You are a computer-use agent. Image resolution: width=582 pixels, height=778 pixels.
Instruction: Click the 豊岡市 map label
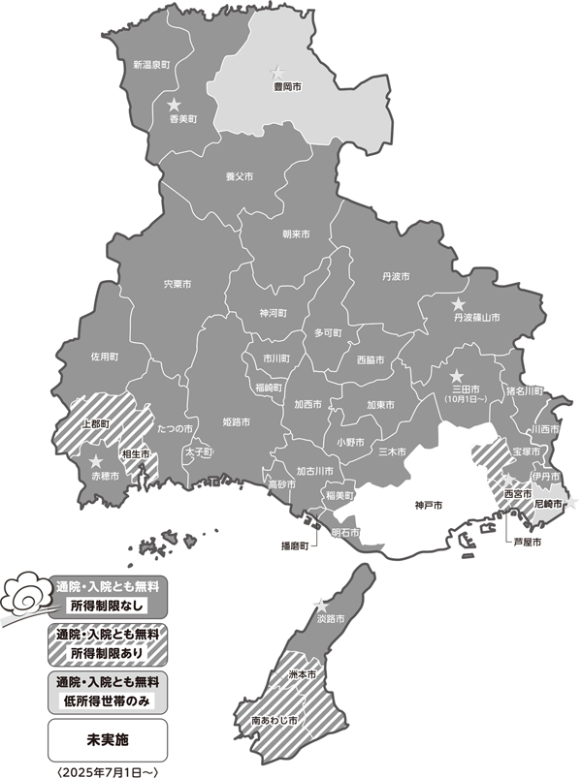pyautogui.click(x=285, y=87)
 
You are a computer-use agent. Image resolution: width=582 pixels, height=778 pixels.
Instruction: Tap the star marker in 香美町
pyautogui.click(x=175, y=104)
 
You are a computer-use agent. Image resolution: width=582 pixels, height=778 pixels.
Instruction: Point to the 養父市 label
pyautogui.click(x=239, y=177)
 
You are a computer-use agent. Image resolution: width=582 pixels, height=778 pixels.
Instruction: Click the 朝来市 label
pyautogui.click(x=296, y=234)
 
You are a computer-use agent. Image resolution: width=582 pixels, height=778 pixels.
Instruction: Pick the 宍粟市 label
pyautogui.click(x=178, y=285)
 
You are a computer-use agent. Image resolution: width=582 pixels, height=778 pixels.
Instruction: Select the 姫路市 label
pyautogui.click(x=237, y=423)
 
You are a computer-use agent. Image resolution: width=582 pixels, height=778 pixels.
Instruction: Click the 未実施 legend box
pyautogui.click(x=107, y=739)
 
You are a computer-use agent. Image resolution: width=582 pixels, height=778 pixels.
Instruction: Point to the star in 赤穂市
pyautogui.click(x=97, y=462)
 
